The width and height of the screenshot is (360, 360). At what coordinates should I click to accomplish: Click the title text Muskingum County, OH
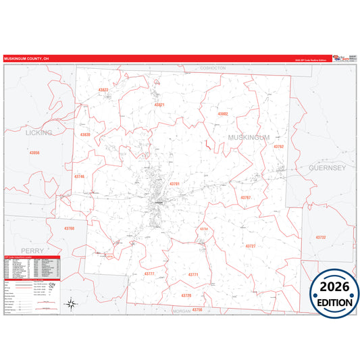pos(27,59)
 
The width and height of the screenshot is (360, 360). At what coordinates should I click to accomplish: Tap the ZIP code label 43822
pos(103,90)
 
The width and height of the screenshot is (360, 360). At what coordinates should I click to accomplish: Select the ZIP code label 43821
pos(159,105)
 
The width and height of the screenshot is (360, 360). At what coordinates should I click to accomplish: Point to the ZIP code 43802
pos(223,114)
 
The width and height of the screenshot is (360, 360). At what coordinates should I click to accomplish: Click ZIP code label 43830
pos(85,135)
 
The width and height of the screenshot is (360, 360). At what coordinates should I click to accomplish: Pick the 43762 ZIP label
pos(279,147)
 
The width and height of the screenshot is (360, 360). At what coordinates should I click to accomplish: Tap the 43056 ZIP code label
pos(34,153)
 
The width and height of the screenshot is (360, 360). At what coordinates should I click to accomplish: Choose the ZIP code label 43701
pos(175,183)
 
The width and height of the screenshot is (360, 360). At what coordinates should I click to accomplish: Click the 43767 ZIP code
pos(246,197)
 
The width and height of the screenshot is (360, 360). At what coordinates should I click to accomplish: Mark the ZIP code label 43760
pos(69,228)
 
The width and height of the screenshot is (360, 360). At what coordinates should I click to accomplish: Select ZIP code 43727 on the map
pos(251,246)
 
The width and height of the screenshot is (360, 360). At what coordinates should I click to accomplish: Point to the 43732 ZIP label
pos(320,237)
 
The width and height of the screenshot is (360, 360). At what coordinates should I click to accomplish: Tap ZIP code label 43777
pos(149,274)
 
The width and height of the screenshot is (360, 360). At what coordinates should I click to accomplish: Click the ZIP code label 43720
pos(186,295)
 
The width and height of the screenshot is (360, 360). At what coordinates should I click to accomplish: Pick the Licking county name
pos(38,133)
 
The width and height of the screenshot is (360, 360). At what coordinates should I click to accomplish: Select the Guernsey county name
pos(327,167)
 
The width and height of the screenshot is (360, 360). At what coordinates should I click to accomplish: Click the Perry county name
pos(32,250)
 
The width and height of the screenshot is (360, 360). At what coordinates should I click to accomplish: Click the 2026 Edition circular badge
pos(334,292)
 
